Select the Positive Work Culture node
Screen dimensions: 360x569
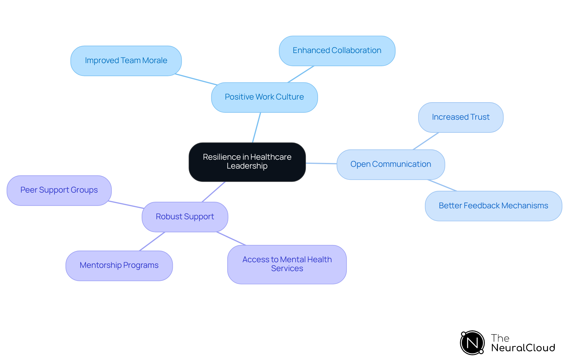click(264, 97)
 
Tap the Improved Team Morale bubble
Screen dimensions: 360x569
click(126, 61)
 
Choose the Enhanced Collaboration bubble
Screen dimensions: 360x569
click(337, 51)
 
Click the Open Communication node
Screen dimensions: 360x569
click(391, 164)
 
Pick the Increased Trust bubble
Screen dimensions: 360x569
click(461, 117)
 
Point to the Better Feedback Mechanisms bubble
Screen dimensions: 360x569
click(493, 206)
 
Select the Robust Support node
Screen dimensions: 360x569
click(185, 217)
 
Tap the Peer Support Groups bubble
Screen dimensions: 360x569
click(59, 190)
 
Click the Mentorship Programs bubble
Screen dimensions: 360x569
click(119, 265)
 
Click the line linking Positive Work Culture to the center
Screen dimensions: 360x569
click(256, 128)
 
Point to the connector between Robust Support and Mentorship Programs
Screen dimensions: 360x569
click(152, 241)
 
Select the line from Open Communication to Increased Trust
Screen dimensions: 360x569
click(426, 141)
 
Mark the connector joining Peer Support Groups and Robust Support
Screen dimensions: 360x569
click(126, 205)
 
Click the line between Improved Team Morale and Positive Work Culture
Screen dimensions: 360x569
click(196, 79)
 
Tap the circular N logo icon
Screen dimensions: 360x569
click(472, 343)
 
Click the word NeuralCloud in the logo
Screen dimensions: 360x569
click(523, 348)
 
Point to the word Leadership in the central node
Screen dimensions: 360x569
click(247, 166)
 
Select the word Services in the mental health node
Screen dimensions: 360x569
click(287, 269)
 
